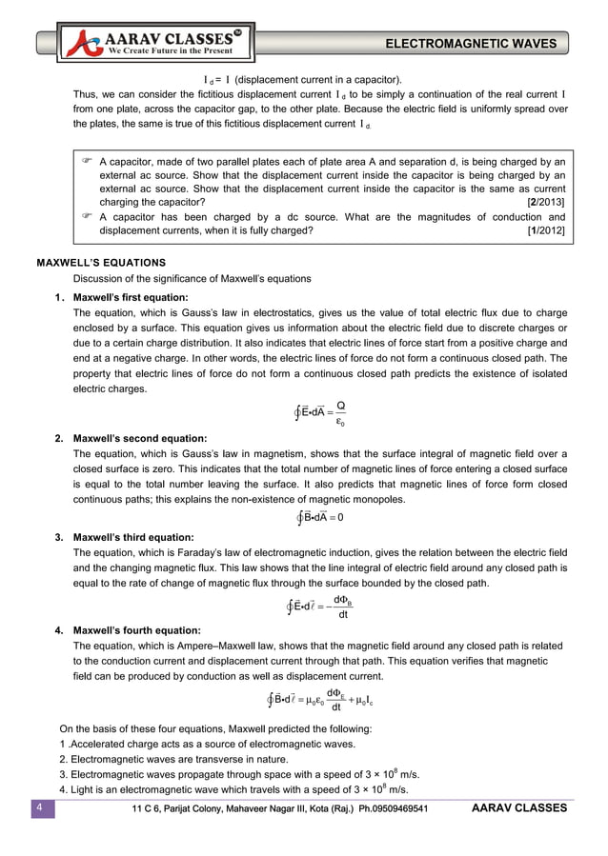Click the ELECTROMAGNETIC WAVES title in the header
tap(473, 44)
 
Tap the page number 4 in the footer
tap(40, 809)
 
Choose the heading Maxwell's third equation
tap(133, 537)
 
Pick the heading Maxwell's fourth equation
tap(136, 630)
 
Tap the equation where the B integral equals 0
tap(321, 517)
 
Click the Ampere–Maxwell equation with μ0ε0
tap(320, 701)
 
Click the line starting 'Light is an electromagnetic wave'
tap(233, 790)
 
